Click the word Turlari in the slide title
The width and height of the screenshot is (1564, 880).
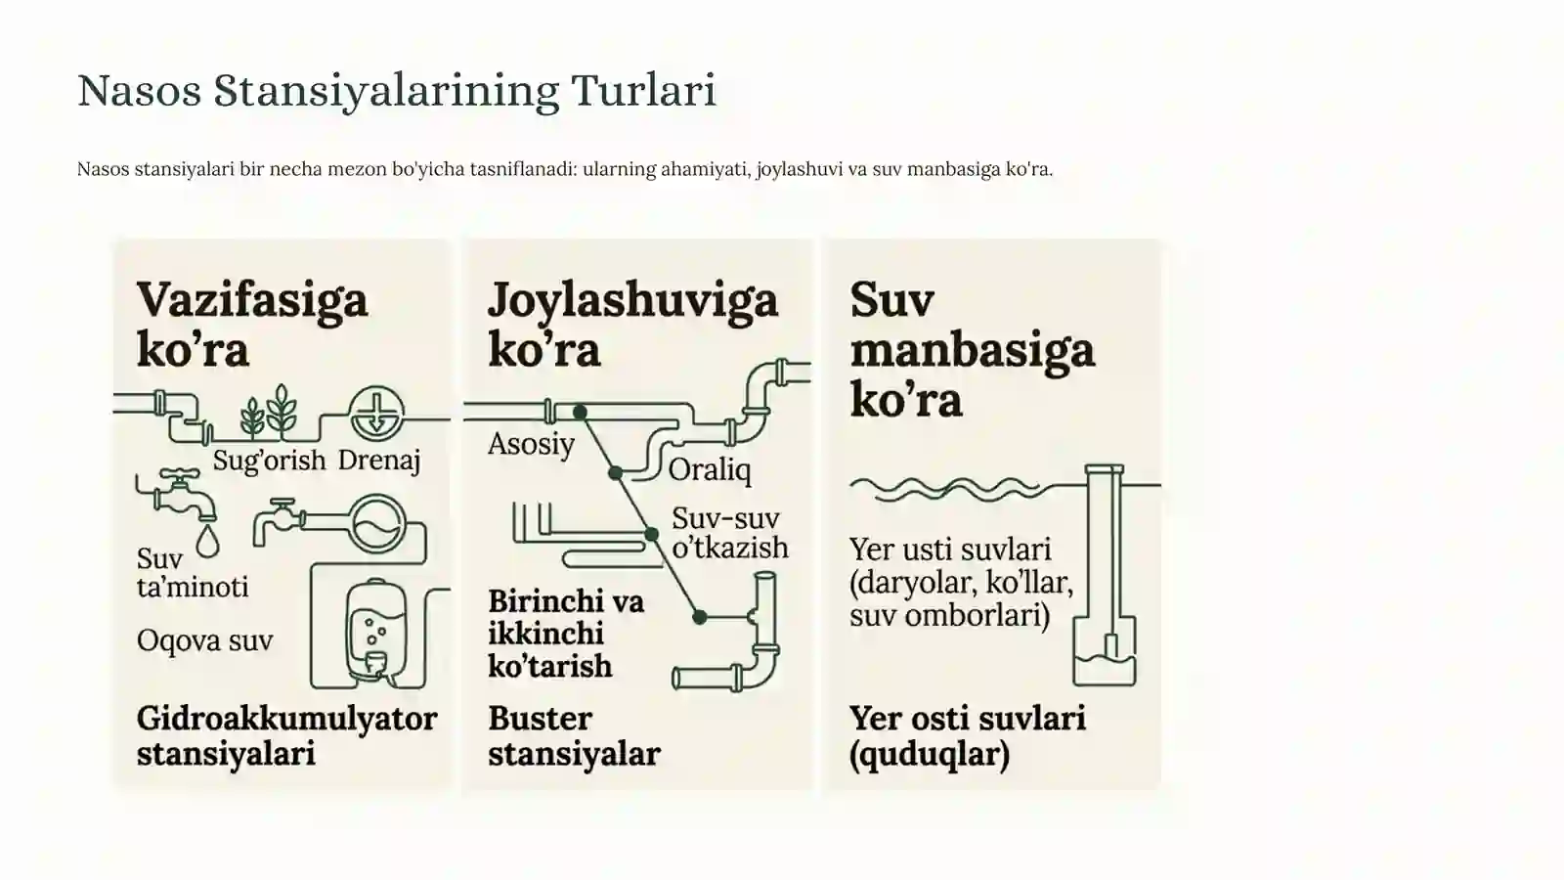643,91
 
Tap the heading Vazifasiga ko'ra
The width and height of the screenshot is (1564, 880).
252,324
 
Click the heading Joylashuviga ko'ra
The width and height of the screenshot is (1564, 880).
632,324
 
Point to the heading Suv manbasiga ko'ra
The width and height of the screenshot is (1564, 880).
972,349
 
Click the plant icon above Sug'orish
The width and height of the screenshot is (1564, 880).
269,412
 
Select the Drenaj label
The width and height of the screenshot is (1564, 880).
379,461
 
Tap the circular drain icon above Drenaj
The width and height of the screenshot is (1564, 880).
376,415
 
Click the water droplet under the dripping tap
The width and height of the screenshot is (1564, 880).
208,541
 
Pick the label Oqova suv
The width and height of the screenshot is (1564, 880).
204,640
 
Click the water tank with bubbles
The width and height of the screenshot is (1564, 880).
375,632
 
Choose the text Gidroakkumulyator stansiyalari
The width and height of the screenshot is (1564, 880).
287,736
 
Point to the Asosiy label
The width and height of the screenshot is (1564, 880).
532,444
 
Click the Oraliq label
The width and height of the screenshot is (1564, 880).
710,470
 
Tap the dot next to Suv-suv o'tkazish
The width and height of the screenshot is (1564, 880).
651,535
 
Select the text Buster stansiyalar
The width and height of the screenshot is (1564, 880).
574,736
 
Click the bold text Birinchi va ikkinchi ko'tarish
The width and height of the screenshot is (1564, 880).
566,635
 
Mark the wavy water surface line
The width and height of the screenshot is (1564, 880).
944,488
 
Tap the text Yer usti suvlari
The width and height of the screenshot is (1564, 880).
949,550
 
